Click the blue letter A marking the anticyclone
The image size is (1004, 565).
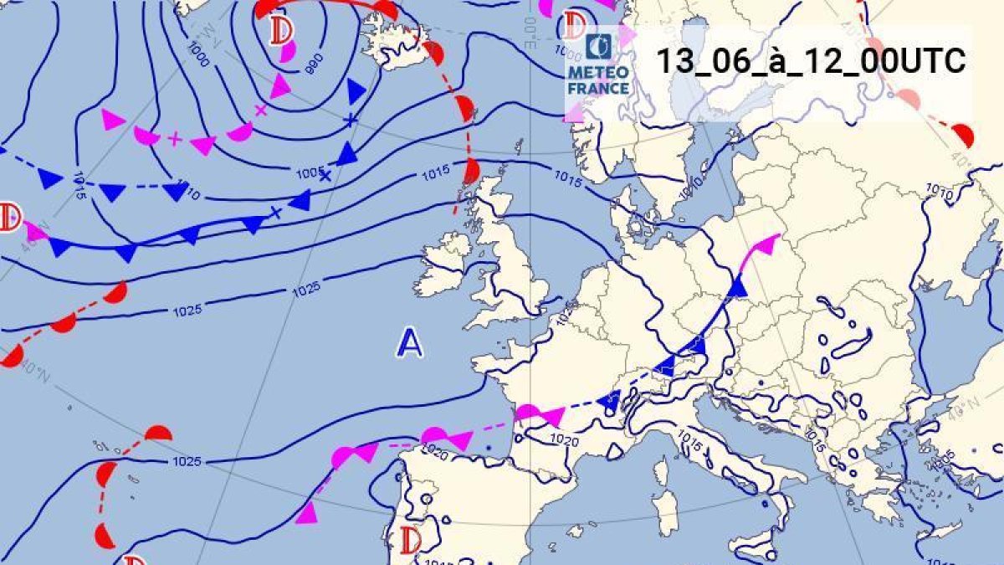409,342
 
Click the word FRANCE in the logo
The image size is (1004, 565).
598,88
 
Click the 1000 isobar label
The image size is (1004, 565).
199,55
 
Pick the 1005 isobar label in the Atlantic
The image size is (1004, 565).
310,172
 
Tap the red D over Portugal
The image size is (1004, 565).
411,539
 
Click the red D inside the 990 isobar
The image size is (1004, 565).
282,32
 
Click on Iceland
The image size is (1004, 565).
393,46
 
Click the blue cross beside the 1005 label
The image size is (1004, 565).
325,177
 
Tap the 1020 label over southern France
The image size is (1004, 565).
565,439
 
